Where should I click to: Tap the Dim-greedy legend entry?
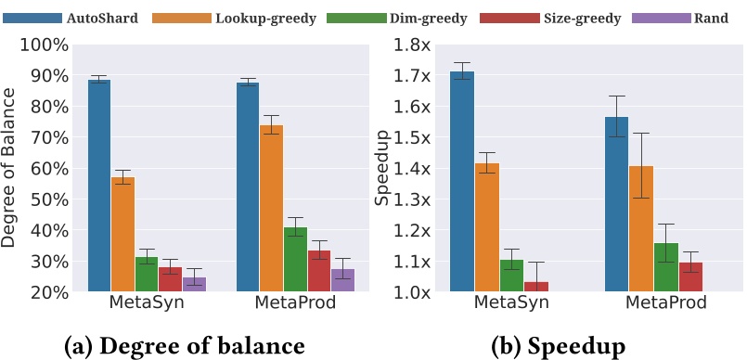(385, 18)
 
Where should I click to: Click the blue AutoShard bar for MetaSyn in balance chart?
(99, 186)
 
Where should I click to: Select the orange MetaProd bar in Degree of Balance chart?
(271, 208)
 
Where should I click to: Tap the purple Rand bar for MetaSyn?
(194, 284)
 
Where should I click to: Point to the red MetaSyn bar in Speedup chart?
(536, 287)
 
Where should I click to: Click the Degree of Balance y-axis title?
(11, 167)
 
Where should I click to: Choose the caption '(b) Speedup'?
(559, 345)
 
